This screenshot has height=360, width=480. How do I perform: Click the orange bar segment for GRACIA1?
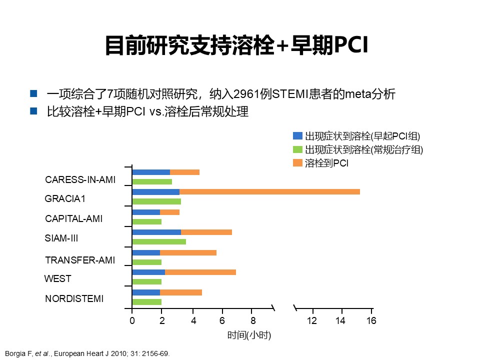tap(269, 192)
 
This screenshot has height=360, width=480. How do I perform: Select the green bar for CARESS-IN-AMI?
tap(152, 181)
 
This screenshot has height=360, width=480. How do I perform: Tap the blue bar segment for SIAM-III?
tap(156, 232)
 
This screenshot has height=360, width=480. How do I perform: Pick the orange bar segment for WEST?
tap(200, 272)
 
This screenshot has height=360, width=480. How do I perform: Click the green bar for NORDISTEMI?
tap(146, 301)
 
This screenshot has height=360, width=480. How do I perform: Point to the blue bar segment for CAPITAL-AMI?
tap(146, 212)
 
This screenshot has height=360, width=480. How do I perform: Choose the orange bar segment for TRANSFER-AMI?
tap(188, 252)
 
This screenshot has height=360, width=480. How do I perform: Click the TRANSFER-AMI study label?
tap(80, 260)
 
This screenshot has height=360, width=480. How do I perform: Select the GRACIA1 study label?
tap(65, 198)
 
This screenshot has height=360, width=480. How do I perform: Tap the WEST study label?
tap(57, 278)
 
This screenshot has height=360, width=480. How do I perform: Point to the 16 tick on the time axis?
tap(371, 320)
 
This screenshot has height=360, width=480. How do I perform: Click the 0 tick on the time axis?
tap(132, 320)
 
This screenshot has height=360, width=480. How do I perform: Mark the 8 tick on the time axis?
tap(252, 320)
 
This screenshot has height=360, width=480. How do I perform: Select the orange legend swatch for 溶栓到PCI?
tap(298, 162)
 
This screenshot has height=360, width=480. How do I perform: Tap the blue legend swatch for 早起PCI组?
tap(298, 135)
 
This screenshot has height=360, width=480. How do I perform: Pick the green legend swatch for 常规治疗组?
tap(298, 149)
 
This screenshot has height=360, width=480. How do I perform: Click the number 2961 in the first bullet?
tap(259, 93)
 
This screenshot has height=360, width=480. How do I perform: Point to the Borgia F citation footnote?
tap(87, 353)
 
